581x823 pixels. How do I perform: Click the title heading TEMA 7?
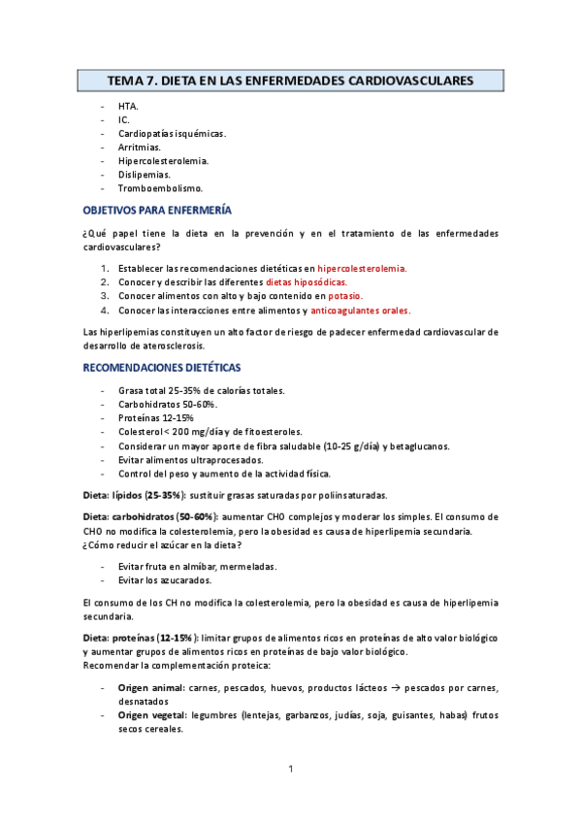pyautogui.click(x=289, y=81)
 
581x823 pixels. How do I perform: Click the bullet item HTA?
pyautogui.click(x=128, y=106)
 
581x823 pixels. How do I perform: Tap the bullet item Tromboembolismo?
pyautogui.click(x=160, y=187)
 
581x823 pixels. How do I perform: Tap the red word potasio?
pyautogui.click(x=344, y=296)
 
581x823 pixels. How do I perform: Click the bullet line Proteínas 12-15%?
pyautogui.click(x=155, y=417)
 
